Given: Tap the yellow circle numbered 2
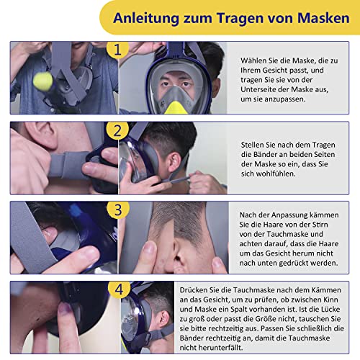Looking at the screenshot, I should (117, 131).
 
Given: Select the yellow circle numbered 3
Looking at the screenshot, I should (117, 210).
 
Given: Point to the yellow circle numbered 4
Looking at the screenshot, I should (117, 289).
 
